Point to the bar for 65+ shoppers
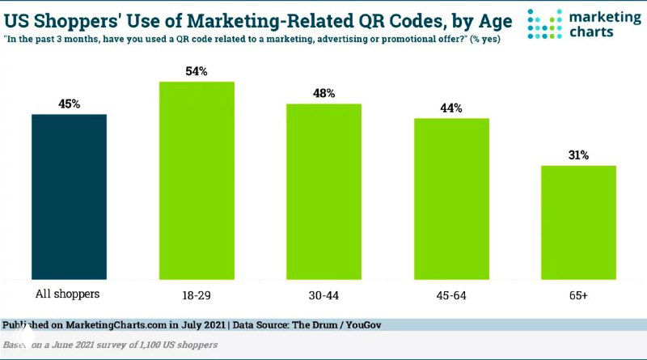point(578,222)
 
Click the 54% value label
point(197,72)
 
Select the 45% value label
point(70,104)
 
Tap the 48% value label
point(323,93)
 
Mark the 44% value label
point(451,108)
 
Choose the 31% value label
point(578,155)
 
